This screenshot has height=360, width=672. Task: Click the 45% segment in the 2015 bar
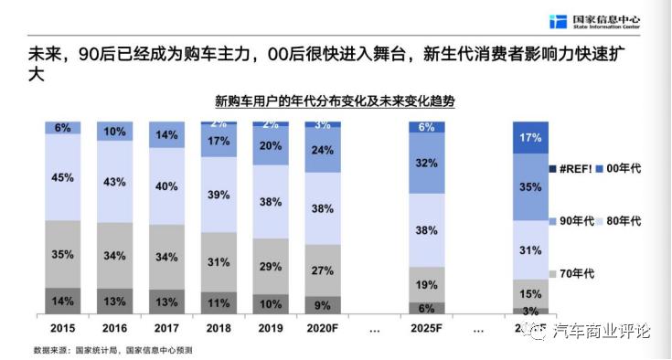point(62,177)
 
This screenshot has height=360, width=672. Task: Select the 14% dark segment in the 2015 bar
point(62,301)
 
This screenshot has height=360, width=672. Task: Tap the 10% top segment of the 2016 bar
point(114,132)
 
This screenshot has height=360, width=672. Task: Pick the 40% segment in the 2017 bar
point(166,185)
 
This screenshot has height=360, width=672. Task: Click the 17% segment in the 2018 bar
point(219,142)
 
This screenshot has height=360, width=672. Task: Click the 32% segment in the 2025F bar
point(426,164)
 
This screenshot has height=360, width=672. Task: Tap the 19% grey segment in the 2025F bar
point(426,284)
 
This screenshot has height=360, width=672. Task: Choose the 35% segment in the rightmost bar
point(530,187)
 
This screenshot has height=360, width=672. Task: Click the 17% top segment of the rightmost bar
point(530,138)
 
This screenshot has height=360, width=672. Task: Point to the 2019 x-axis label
point(271,326)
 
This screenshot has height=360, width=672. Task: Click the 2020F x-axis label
point(323,326)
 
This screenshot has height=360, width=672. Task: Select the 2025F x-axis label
point(426,326)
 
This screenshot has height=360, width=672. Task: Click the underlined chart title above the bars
point(336,101)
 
